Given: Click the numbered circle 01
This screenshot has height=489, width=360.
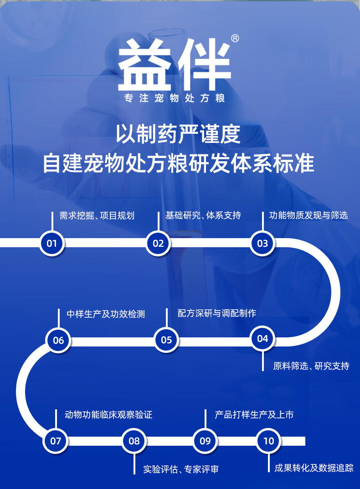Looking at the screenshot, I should coord(52,243).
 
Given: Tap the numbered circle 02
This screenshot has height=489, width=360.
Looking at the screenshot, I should coord(158,243).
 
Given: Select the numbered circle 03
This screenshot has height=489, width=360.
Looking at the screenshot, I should coord(262,243).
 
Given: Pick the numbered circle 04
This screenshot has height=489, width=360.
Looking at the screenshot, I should coord(262,338).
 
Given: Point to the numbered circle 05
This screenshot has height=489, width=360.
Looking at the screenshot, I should coord(166,340).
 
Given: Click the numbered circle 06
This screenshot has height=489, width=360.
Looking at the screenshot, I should coord(58,340).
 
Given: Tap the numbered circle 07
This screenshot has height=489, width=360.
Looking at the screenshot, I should coord(56,441).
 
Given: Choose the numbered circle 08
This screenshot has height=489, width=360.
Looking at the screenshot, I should coord(134,441).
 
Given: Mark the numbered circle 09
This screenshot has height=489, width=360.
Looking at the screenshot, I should coord(205,441).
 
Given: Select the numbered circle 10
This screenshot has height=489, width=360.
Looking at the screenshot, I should coord(269,441).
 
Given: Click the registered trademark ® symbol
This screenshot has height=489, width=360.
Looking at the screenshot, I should coord(235,39).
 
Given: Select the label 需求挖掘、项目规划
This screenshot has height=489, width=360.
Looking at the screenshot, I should coord(97,215).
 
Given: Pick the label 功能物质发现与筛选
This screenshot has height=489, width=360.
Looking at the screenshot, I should coord(308,215).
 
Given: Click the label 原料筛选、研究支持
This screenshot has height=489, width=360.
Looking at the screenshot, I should coord(311,366).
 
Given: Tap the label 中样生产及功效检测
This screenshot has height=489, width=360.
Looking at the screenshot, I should coord(106,314).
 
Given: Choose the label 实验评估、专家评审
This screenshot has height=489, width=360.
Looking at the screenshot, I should coord(181,469).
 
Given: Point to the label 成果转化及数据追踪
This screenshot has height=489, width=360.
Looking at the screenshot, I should coord(314,468).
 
